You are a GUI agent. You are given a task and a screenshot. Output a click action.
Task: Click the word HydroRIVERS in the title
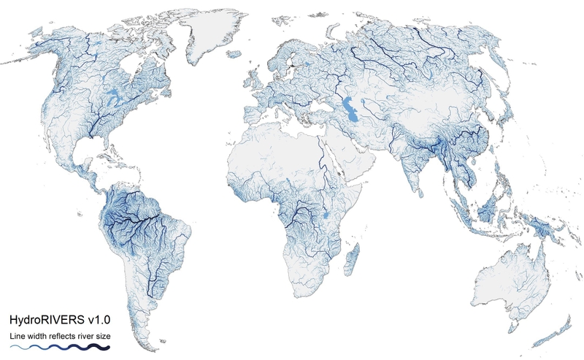coord(45,320)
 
